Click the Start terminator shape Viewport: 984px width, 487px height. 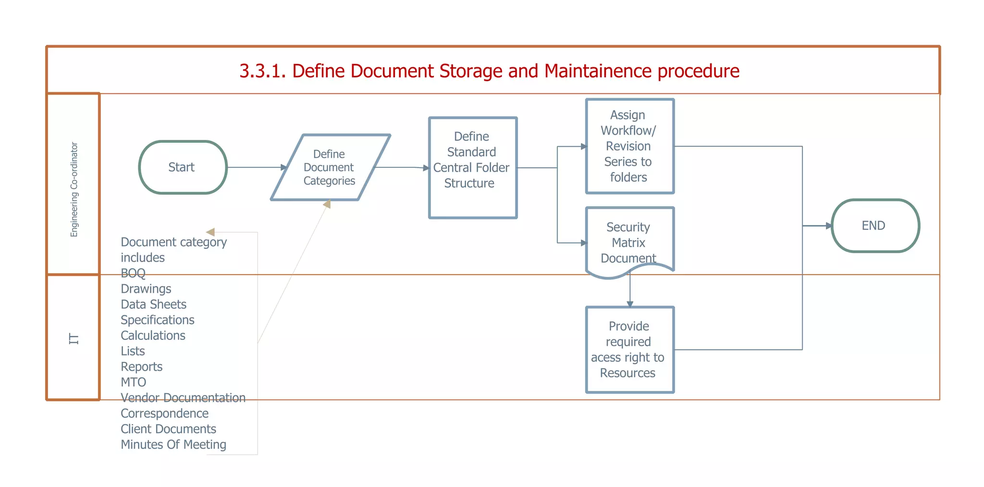(x=183, y=167)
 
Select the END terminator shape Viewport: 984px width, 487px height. (x=875, y=225)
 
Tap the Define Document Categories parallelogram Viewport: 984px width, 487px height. (x=330, y=167)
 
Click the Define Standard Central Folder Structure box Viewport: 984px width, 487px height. (x=472, y=167)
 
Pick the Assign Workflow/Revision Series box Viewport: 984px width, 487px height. (x=629, y=146)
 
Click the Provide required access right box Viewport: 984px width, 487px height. (x=629, y=350)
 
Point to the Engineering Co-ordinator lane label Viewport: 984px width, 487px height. (x=74, y=189)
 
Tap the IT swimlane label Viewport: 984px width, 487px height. (x=74, y=338)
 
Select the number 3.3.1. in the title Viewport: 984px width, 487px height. (x=263, y=71)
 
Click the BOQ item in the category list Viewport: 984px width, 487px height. (x=133, y=273)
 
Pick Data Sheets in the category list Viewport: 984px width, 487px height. (x=153, y=304)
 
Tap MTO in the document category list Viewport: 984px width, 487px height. (x=133, y=382)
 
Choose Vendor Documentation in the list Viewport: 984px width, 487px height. (x=183, y=398)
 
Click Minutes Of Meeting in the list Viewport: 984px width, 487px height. (x=173, y=445)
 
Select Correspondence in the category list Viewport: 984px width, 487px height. (x=164, y=413)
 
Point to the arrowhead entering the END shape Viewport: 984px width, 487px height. (x=829, y=225)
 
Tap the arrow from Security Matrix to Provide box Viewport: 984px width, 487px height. (x=630, y=291)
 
